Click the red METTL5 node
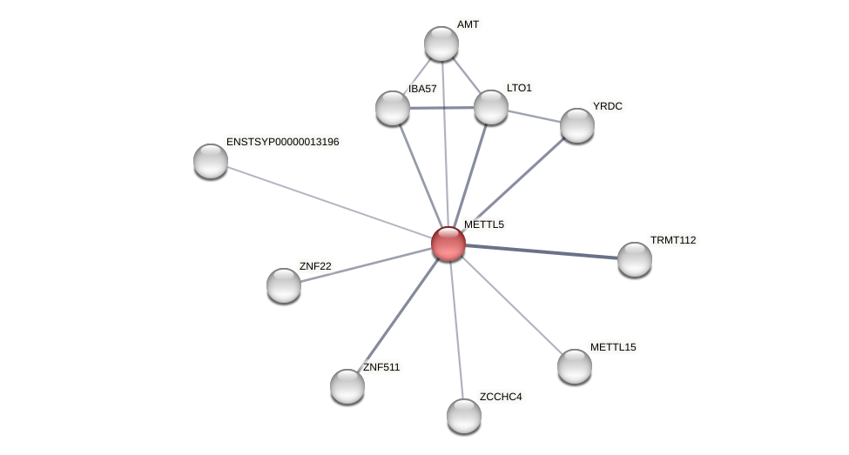(x=448, y=244)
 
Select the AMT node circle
(x=441, y=43)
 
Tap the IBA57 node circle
(x=393, y=108)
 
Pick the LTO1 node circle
(x=491, y=107)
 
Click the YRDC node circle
(x=577, y=125)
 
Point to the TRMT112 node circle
(x=635, y=259)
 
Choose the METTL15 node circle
(x=575, y=366)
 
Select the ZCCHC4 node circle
(x=464, y=416)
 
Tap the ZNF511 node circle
(x=347, y=386)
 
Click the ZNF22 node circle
(x=284, y=285)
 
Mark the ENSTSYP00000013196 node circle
(x=211, y=161)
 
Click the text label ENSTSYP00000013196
(x=282, y=142)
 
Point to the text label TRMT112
(x=673, y=240)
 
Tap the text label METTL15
(x=613, y=347)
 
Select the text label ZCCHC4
(x=501, y=397)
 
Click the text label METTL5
(x=483, y=224)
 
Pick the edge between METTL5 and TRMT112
(x=542, y=251)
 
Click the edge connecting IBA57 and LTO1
(x=441, y=108)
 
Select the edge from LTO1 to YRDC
(x=534, y=116)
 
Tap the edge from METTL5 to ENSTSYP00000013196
(x=329, y=202)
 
